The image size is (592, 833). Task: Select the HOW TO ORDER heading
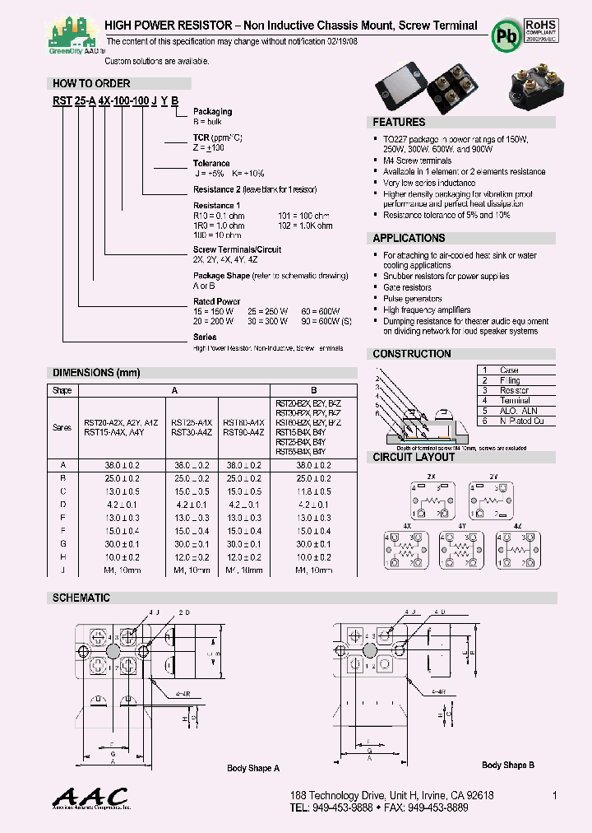[x=91, y=83]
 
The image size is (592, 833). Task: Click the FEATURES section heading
[x=399, y=122]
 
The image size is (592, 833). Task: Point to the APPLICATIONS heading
[x=409, y=238]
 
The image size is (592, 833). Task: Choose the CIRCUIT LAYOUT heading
[x=414, y=457]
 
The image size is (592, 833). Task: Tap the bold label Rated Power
[x=216, y=301]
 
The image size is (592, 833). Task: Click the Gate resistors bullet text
[x=407, y=288]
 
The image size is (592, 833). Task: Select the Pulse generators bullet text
[x=412, y=299]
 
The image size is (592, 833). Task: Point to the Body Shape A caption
[x=253, y=768]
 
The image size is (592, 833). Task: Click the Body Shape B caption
[x=507, y=765]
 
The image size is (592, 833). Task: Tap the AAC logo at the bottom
[x=90, y=798]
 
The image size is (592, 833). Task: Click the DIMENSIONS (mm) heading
[x=96, y=372]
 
